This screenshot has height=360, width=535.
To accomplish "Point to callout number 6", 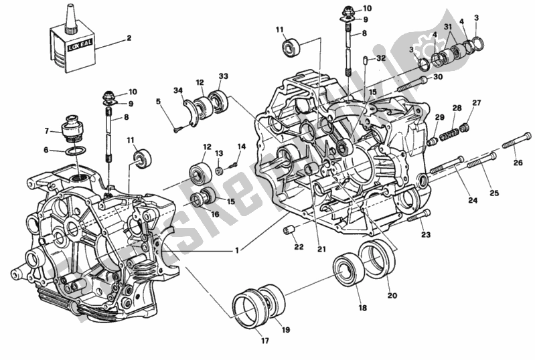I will coord(46,151).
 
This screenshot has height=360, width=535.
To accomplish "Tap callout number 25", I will coord(493,193).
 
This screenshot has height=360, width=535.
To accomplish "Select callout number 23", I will coord(425,235).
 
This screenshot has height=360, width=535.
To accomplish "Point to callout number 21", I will coord(321,250).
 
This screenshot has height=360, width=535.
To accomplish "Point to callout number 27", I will coord(476,102).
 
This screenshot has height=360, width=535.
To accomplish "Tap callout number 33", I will coord(223,76).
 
